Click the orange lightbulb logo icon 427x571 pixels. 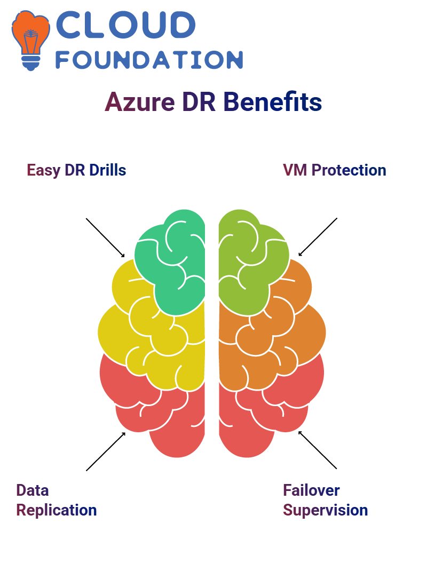pos(30,40)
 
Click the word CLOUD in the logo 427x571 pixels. pos(125,25)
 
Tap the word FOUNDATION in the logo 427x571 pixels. pos(149,60)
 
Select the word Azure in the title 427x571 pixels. pos(140,102)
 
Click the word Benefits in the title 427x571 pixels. pos(273,101)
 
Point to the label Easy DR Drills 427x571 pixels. pos(76,170)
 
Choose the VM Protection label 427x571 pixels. pos(335,170)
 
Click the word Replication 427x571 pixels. pos(57,510)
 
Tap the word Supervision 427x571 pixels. pos(326,510)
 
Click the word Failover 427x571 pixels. pos(311,490)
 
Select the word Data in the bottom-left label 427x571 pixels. pos(33,490)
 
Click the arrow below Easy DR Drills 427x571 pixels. pos(105,238)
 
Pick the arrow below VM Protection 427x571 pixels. pos(318,237)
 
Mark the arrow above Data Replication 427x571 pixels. pos(106,451)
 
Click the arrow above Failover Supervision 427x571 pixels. pos(318,450)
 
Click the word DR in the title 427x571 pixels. pos(199,102)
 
